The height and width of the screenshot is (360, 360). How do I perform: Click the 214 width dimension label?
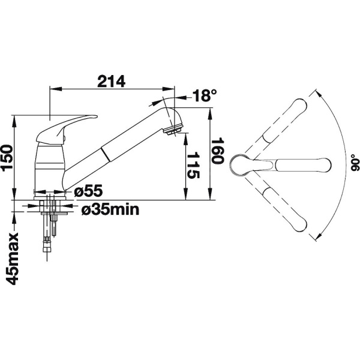click(x=112, y=81)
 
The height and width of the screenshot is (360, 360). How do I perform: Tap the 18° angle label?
click(x=205, y=95)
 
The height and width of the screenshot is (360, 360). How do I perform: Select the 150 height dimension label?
click(x=7, y=157)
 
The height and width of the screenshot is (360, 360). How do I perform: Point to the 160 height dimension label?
click(x=217, y=151)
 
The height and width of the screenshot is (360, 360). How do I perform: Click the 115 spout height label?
click(x=193, y=166)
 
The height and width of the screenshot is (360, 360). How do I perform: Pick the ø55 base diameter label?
click(x=88, y=191)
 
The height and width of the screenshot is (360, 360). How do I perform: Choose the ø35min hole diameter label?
click(x=110, y=209)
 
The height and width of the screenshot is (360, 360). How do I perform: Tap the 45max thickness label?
click(x=12, y=259)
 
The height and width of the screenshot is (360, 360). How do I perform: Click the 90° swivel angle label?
click(x=355, y=163)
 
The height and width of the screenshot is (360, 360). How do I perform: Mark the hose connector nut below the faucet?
click(x=47, y=244)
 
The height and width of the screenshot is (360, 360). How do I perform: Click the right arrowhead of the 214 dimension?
click(x=169, y=89)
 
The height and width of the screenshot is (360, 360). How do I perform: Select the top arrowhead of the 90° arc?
click(x=318, y=94)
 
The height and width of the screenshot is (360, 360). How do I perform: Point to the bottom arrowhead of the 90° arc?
click(x=319, y=237)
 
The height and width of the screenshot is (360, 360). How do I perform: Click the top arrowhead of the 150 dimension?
click(x=14, y=121)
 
